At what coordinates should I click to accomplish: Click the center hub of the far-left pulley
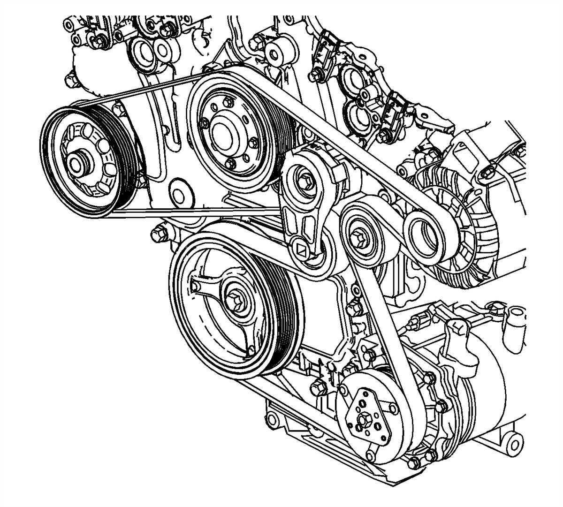tap(76, 163)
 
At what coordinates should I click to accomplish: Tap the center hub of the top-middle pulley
tap(222, 133)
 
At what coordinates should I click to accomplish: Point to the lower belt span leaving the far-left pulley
tap(188, 213)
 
